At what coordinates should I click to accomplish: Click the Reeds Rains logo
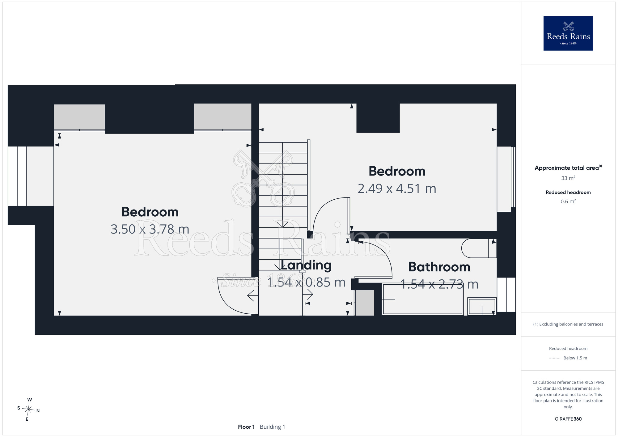point(568,33)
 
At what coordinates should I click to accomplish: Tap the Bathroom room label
point(439,267)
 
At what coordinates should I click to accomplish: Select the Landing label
point(306,265)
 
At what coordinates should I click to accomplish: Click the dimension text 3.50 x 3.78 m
point(150,229)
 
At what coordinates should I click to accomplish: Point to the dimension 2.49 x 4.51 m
point(397,189)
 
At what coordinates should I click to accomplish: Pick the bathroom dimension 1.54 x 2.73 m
point(439,284)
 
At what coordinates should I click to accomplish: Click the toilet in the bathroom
point(479,248)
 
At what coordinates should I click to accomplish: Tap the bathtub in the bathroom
point(423,299)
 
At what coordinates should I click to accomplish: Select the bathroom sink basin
point(482,306)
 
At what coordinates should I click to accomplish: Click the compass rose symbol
point(28,410)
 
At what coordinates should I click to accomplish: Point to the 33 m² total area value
point(568,178)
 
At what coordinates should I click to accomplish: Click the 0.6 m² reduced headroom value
point(568,202)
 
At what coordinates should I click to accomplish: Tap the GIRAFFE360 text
point(568,419)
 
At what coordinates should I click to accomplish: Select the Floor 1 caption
point(246,427)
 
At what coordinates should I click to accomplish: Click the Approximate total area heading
point(568,168)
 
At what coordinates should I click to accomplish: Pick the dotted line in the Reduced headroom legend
point(555,358)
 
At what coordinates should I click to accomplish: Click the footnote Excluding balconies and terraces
point(568,324)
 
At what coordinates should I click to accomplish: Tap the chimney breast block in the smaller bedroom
point(378,118)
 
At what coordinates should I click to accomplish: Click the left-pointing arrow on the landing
point(253,296)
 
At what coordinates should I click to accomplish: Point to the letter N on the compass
point(38,411)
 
